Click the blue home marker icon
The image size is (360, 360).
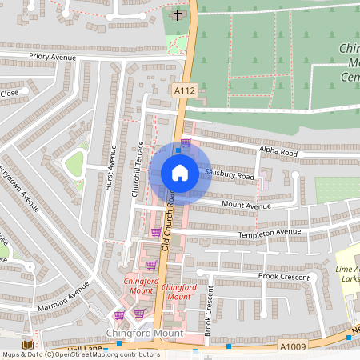pos(180,173)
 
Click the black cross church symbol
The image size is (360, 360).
pos(177,15)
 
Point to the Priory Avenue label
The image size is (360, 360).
pos(50,58)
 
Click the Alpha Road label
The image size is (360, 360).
pos(278,152)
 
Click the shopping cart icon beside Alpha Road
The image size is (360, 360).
pos(186,143)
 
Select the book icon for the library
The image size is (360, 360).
pos(27,343)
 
